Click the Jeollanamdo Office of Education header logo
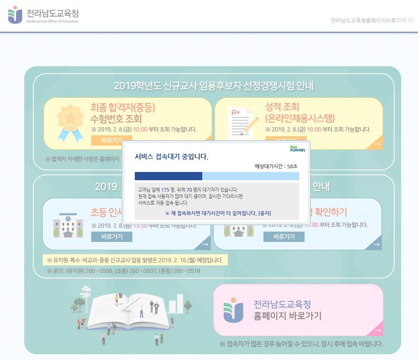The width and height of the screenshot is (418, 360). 43,15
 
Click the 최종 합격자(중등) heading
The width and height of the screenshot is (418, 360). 123,108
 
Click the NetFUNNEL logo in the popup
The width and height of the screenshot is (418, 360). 298,149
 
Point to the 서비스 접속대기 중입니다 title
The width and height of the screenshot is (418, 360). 172,157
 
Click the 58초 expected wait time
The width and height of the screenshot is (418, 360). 293,166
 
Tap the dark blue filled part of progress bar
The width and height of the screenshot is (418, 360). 168,176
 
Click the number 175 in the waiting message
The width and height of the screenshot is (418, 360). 165,190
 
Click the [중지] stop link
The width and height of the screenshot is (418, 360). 264,213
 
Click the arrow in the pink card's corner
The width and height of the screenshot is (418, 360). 378,330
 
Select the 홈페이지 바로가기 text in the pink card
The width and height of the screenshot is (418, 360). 288,316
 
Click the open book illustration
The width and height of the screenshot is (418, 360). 129,311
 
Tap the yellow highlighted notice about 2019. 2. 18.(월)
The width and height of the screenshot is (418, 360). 135,260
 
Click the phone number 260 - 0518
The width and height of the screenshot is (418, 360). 188,271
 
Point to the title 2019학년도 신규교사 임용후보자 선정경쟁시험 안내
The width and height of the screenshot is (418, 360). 214,86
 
